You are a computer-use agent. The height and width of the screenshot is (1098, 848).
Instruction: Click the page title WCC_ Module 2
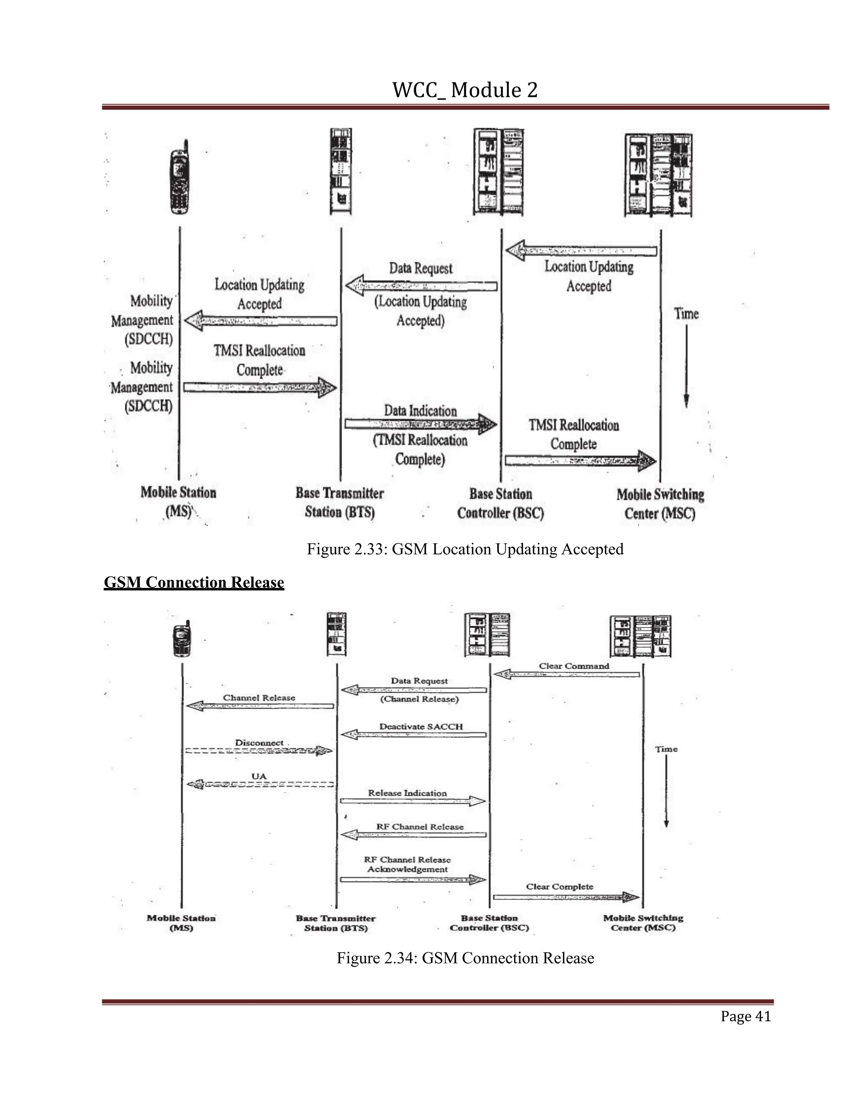465,90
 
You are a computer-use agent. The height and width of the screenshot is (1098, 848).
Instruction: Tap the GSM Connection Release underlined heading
194,582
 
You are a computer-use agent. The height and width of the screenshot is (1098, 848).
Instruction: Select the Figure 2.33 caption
465,549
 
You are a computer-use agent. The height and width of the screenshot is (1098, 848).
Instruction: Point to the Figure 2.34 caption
465,958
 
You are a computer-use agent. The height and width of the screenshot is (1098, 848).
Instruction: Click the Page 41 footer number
745,1016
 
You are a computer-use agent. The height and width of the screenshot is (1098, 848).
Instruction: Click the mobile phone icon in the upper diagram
179,177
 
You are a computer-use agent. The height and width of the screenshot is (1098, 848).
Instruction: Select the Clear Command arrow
567,674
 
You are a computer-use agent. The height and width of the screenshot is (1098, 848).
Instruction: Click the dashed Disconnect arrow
259,751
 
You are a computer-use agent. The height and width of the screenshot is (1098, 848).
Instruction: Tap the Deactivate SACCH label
421,726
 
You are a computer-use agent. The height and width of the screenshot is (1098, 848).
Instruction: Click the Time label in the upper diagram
686,314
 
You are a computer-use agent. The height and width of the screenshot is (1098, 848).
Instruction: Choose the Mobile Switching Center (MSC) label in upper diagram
660,504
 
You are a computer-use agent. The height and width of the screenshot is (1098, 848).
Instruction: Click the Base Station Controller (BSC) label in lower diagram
489,923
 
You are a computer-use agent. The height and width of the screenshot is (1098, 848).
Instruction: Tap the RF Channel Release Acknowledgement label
407,864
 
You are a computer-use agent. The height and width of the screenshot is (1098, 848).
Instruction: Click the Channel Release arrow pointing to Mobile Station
260,706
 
